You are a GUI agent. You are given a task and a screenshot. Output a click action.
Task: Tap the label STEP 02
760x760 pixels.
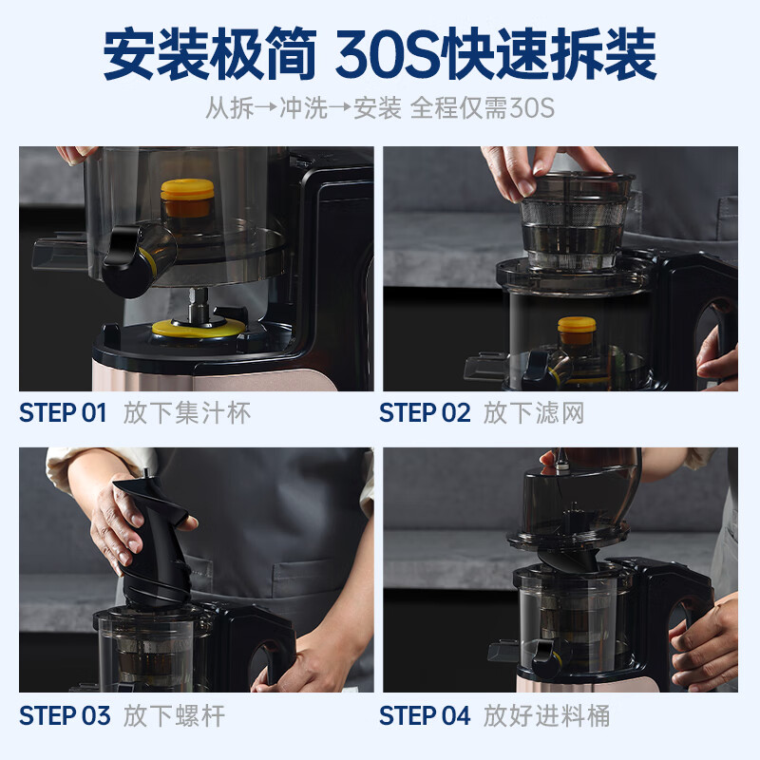[x=425, y=413]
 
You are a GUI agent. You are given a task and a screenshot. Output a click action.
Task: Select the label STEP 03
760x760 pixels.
[x=65, y=715]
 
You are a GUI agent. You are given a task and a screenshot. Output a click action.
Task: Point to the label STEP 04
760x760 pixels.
[x=425, y=715]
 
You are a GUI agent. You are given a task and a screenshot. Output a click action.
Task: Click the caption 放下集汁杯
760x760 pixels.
[x=187, y=413]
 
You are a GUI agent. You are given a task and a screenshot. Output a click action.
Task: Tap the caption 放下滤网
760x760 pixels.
[x=533, y=413]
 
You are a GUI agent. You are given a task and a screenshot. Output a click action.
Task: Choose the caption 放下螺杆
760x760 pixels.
[x=175, y=715]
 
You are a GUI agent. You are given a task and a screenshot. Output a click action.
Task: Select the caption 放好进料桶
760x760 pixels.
[x=546, y=715]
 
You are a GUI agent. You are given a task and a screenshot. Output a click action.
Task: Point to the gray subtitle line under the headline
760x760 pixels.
[x=380, y=107]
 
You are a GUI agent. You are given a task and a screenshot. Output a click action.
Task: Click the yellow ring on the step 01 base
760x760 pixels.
[x=195, y=328]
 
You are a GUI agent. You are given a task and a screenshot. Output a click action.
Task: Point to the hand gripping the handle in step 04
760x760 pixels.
[x=708, y=636]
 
